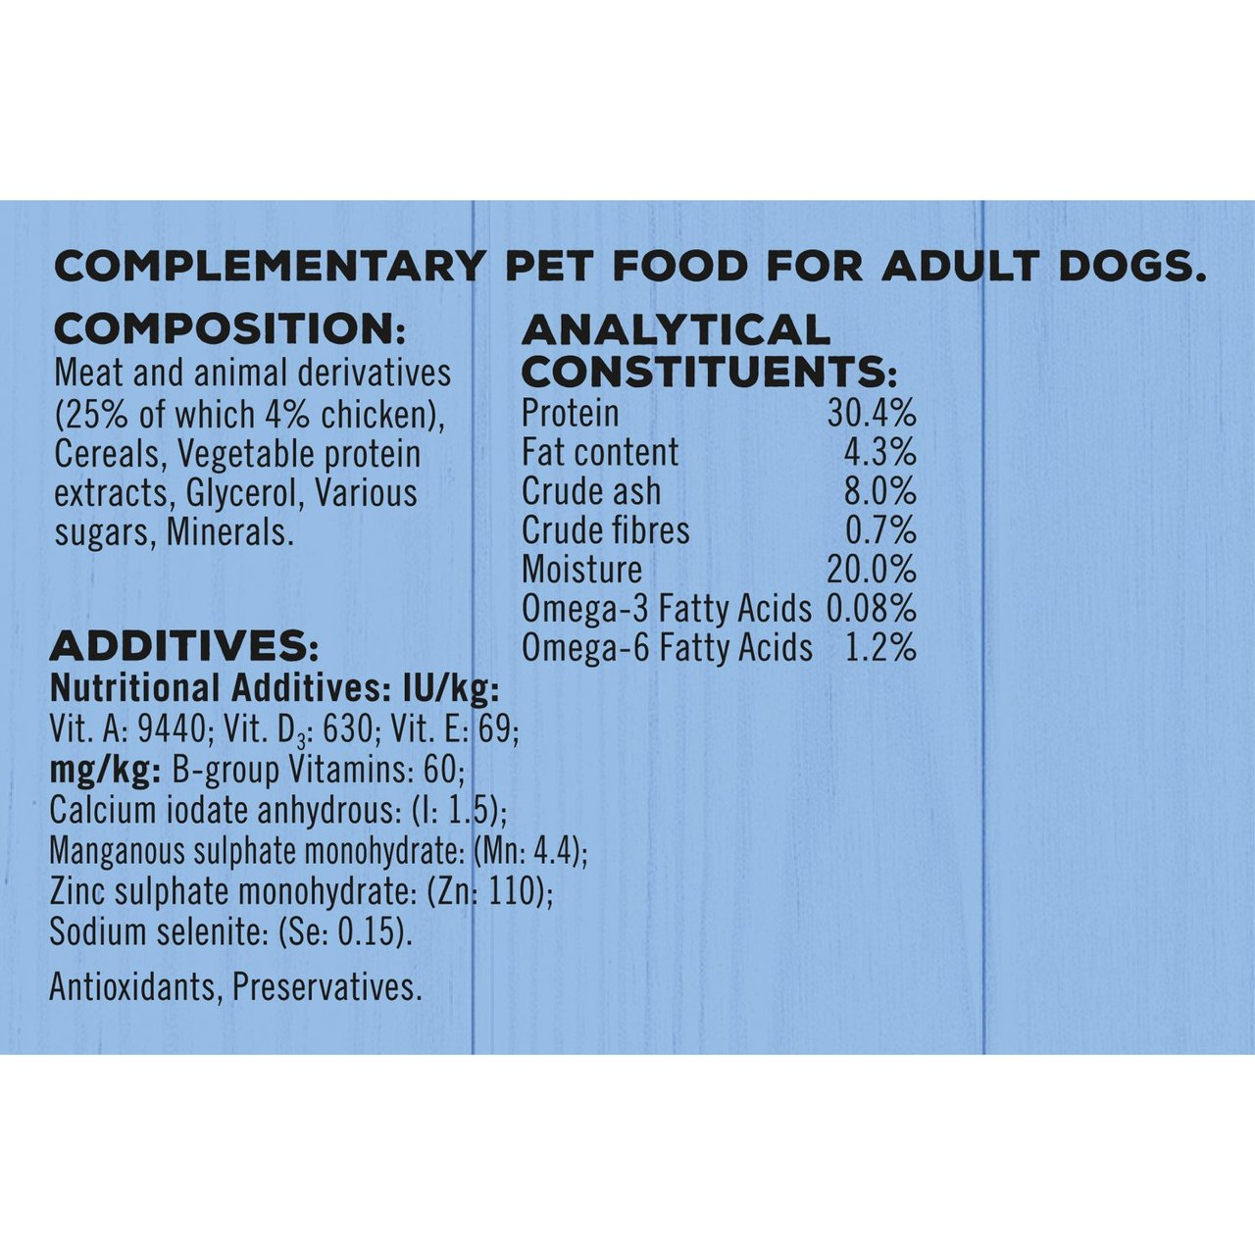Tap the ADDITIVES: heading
coord(183,647)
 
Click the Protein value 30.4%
coord(871,413)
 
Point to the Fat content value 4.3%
coord(879,452)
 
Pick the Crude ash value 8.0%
coord(879,491)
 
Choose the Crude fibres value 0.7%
coord(879,530)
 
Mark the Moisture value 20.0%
coord(871,570)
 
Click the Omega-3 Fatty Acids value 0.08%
coord(871,609)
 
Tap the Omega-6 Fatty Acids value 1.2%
coord(879,648)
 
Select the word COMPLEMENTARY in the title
coord(270,267)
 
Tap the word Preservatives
coord(326,987)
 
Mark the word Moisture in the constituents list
coord(582,570)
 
